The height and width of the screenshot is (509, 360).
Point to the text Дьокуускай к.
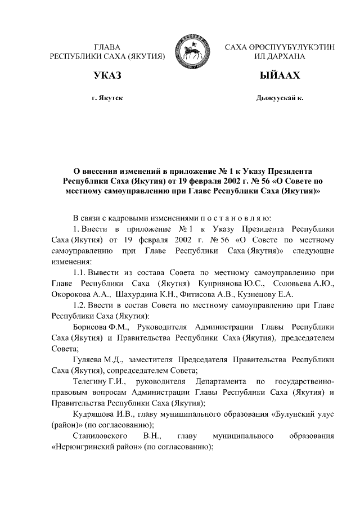tap(280, 98)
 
